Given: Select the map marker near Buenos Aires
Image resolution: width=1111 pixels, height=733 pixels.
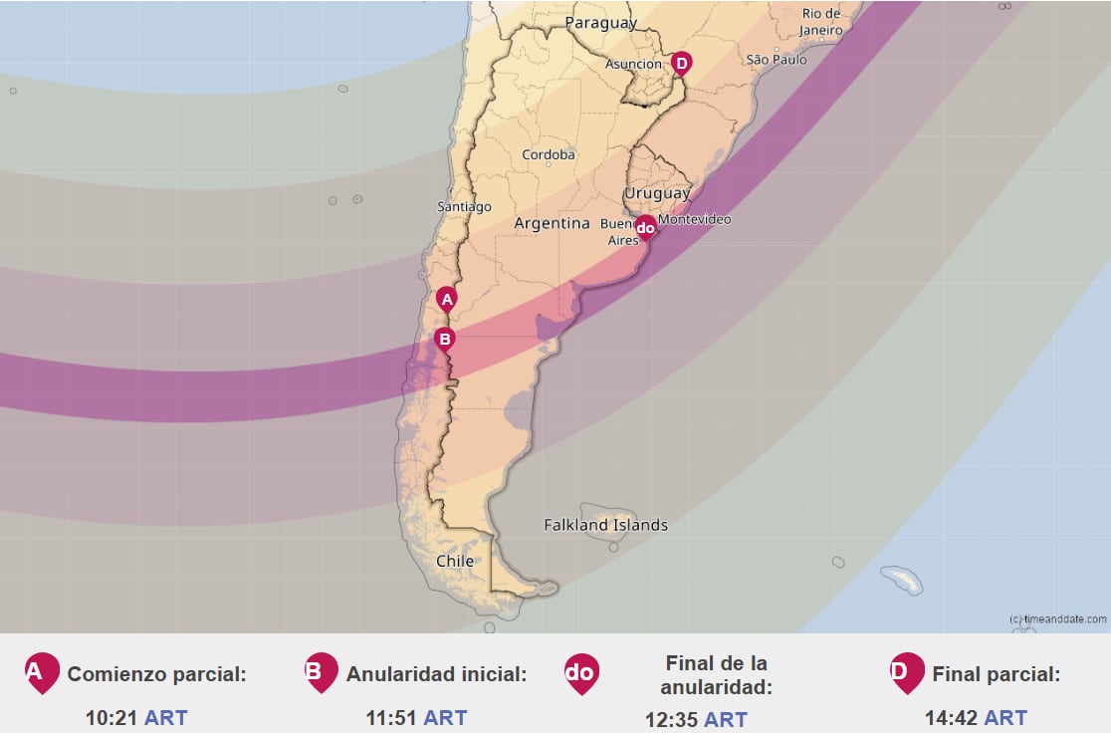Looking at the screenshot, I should point(645,228).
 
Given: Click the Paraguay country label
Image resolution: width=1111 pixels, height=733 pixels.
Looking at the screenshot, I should point(600,23).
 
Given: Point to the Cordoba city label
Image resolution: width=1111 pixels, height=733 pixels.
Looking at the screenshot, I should point(549,154).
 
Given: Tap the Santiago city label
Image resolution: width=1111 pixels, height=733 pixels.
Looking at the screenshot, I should point(464,207).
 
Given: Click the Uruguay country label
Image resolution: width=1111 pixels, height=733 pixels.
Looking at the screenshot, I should point(656,193).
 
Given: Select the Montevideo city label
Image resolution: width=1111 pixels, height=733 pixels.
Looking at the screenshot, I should point(695,219).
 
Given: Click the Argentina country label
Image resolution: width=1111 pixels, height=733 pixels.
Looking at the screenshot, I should point(552,224).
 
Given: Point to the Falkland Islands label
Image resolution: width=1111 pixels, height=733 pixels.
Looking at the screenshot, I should point(605,525).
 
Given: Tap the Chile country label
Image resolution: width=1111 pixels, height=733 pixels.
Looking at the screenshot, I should point(455,562).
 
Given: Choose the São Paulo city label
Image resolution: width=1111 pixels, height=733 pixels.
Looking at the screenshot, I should point(777,60).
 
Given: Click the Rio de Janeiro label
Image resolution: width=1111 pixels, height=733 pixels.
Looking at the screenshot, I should point(822,22).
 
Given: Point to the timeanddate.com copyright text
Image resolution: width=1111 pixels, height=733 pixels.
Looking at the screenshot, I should point(1057,618).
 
